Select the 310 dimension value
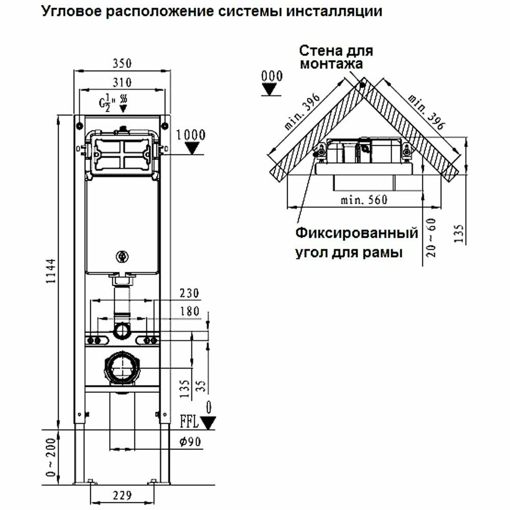[122, 82]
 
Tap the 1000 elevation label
[191, 135]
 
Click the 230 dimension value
[189, 293]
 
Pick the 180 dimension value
[189, 312]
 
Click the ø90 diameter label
[189, 442]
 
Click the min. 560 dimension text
[365, 200]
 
